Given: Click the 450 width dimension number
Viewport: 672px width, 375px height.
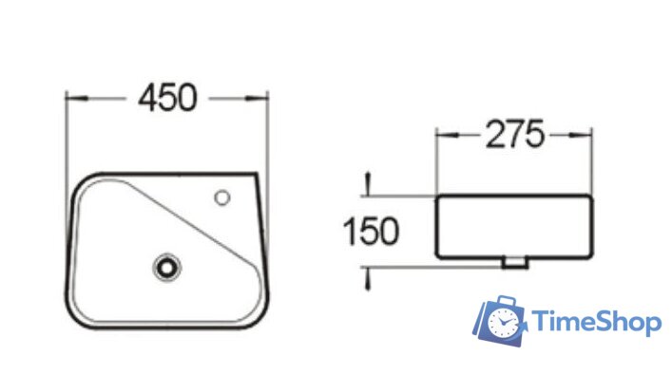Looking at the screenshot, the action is point(167,98).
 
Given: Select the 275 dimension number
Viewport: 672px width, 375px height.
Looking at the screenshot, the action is point(515,135).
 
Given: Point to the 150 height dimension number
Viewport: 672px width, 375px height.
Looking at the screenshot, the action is point(371,232).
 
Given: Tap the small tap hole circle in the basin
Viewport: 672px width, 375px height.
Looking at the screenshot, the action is point(222,197).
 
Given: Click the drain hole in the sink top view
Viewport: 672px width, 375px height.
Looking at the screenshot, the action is point(166,268).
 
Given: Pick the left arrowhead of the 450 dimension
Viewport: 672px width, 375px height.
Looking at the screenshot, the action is point(77,99).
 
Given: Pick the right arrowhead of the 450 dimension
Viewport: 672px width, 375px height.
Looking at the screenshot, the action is point(257,99).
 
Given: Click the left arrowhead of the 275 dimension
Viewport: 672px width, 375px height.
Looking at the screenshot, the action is point(448,135).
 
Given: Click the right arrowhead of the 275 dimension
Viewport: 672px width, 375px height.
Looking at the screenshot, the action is point(581,135).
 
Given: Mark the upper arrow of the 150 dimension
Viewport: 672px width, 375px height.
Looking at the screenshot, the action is point(367,184).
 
